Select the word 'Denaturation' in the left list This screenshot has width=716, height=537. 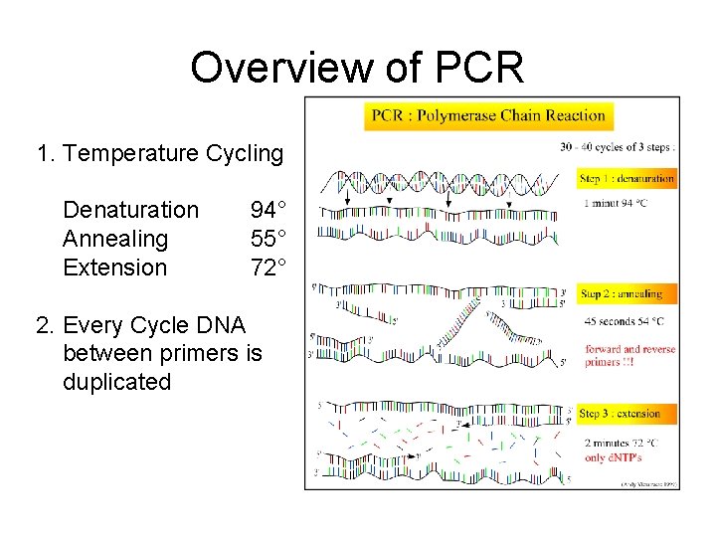[130, 210]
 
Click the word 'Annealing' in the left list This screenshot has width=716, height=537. [115, 239]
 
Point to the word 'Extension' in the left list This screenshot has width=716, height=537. [114, 268]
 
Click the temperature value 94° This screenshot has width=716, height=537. [268, 210]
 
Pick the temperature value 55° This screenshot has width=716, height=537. [268, 239]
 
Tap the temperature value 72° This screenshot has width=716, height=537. [268, 268]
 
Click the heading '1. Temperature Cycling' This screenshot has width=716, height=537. [159, 154]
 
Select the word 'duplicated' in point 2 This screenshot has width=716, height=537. [116, 382]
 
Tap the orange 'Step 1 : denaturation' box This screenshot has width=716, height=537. [626, 179]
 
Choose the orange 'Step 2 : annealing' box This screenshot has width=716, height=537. [621, 294]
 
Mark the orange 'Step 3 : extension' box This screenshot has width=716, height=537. [621, 414]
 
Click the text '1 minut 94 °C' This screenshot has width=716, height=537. [616, 203]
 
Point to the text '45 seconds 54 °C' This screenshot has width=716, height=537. [624, 321]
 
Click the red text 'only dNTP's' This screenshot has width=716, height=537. [614, 457]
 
